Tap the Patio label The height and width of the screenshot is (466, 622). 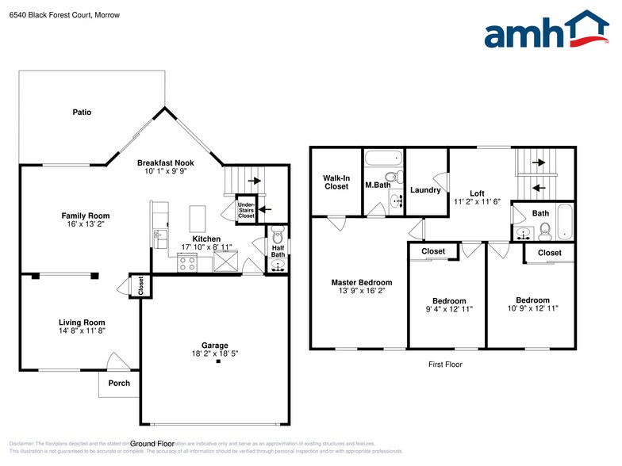[82, 113]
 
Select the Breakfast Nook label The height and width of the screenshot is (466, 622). [165, 161]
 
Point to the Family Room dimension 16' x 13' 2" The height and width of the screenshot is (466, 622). [85, 224]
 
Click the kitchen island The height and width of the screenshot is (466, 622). [197, 216]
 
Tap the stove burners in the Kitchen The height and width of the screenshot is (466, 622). [188, 265]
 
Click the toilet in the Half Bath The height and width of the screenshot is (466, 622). [277, 236]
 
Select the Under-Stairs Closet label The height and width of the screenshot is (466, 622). [246, 210]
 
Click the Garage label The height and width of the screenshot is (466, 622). [214, 345]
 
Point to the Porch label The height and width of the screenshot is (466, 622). [119, 384]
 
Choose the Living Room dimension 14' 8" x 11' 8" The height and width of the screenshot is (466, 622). [82, 331]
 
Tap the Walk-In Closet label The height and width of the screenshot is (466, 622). [336, 181]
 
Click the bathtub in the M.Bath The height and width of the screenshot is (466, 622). [385, 158]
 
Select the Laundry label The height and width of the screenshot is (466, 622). [425, 190]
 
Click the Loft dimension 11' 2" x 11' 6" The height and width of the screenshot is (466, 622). [477, 202]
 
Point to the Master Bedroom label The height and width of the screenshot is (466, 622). [361, 282]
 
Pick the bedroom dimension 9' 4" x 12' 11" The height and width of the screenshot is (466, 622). [449, 309]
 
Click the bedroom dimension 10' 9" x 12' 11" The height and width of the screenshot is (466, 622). [532, 308]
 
